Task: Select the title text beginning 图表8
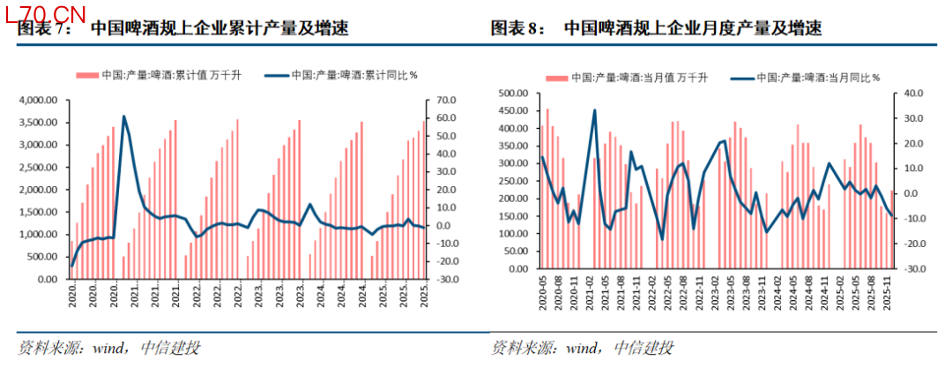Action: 656,29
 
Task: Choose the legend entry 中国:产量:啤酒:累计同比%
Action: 340,75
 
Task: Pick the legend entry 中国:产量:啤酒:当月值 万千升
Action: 625,77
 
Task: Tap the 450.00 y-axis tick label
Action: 512,110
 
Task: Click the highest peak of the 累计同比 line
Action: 123,116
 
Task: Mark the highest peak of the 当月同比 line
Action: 595,110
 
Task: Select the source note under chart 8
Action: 582,348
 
